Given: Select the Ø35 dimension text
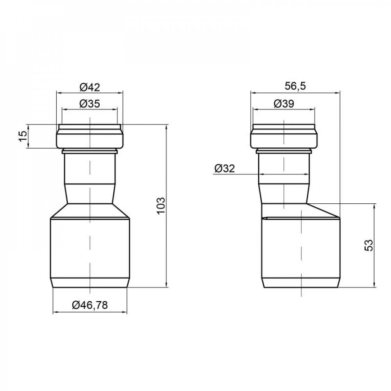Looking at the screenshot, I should click(x=90, y=104).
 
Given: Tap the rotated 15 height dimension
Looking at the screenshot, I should click(x=23, y=136).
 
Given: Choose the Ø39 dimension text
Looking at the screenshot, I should click(x=284, y=104).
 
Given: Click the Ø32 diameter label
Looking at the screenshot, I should click(x=224, y=169).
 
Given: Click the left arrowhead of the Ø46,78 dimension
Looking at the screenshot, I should click(x=55, y=312).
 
